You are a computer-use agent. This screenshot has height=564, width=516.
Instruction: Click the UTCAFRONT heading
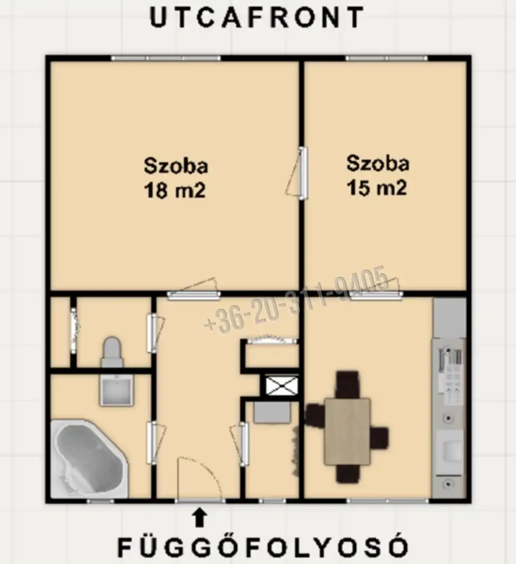tap(257, 18)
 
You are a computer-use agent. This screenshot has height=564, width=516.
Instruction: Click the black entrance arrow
tap(200, 518)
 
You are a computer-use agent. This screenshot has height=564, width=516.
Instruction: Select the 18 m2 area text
tap(174, 190)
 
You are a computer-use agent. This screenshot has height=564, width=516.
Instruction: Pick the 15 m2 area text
tap(377, 188)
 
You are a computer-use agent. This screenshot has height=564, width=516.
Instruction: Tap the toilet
tap(112, 352)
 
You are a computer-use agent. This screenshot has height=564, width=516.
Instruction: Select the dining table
tap(347, 432)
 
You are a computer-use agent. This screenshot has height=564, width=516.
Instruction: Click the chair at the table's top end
tap(347, 385)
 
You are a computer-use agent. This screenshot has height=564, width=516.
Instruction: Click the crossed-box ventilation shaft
tap(282, 385)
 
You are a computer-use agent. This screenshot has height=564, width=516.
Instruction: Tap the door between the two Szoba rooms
tap(298, 173)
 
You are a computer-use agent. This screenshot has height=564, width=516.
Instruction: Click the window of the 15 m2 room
tap(386, 58)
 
